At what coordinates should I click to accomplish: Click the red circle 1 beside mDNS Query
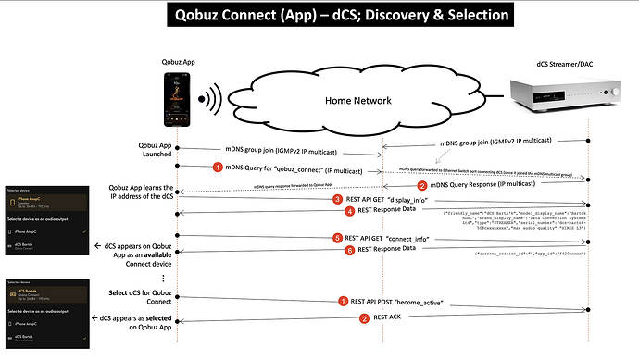tap(244, 168)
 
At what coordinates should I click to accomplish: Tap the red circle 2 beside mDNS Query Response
tap(417, 184)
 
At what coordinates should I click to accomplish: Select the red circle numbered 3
tap(339, 199)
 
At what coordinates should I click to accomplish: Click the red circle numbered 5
tap(339, 239)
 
